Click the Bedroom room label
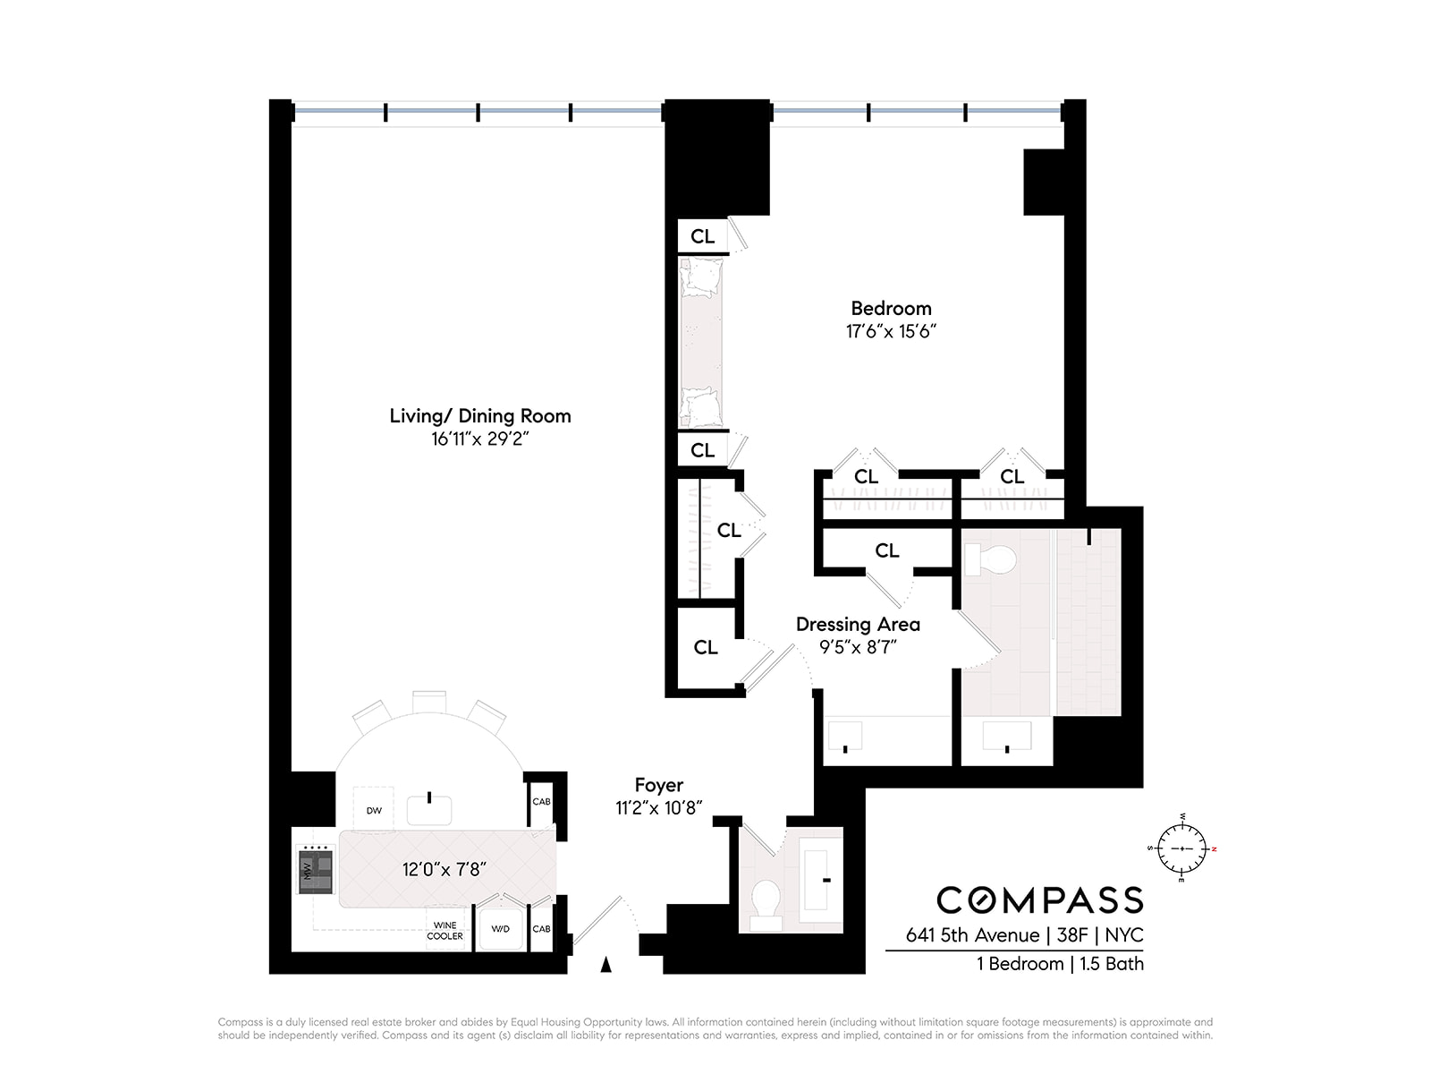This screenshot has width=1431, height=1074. point(891,308)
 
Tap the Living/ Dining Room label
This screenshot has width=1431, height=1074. point(480,415)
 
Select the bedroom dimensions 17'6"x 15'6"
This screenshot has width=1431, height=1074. point(891,332)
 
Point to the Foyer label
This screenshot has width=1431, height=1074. point(659,785)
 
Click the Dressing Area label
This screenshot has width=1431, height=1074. point(858,624)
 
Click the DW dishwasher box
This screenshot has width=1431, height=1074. point(374,810)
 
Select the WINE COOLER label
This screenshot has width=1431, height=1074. point(445,931)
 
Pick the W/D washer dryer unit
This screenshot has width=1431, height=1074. point(501,929)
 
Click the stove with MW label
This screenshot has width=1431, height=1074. point(316,870)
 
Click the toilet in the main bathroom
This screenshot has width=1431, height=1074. point(991,560)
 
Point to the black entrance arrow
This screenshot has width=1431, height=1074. point(606,964)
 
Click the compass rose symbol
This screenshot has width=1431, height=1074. point(1181,848)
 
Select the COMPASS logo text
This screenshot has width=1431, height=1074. point(1040,899)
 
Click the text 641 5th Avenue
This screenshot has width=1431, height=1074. point(972,936)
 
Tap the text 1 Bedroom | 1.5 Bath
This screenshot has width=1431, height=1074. point(1060,964)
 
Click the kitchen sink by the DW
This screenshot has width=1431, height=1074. point(429,808)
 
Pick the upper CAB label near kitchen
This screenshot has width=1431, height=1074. point(541,801)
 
